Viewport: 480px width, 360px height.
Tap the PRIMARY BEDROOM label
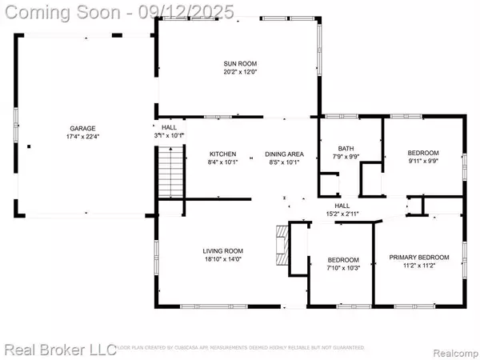(x=418, y=257)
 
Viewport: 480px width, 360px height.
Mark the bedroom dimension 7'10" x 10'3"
(x=342, y=268)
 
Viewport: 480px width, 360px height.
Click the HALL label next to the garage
(x=170, y=127)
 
